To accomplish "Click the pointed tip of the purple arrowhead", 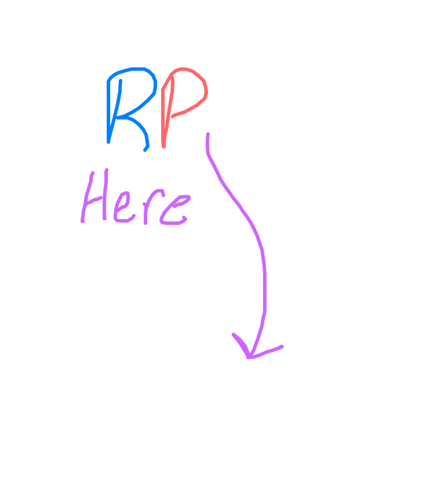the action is pos(249,357).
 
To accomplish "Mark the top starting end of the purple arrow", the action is pos(208,134).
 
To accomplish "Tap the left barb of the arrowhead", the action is pos(240,345).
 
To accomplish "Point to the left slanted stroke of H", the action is pos(87,197).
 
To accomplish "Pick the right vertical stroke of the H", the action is pos(105,194).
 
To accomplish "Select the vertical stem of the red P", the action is pos(163,115).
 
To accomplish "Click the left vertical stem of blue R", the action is pos(108,112).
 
